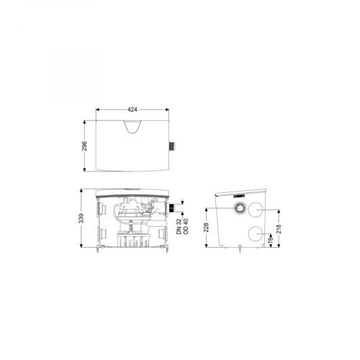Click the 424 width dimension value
click(132, 109)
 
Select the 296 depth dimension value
click(84, 146)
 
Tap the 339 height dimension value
click(81, 218)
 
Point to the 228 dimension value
click(207, 228)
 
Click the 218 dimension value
click(279, 229)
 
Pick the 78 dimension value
click(271, 239)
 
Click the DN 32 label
click(179, 227)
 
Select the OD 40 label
click(186, 227)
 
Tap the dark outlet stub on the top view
click(173, 146)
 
